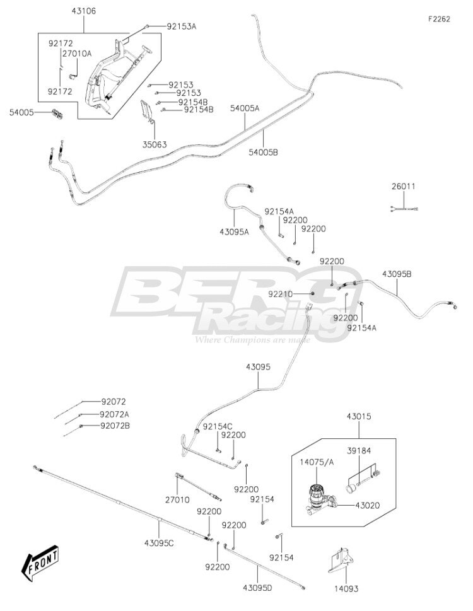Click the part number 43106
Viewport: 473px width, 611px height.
pyautogui.click(x=83, y=11)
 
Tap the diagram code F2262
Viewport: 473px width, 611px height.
pyautogui.click(x=439, y=19)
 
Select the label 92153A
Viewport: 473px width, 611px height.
pyautogui.click(x=182, y=26)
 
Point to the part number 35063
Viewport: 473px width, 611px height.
pyautogui.click(x=155, y=144)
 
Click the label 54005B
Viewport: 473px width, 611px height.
pyautogui.click(x=264, y=153)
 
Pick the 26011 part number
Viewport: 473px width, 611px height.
pyautogui.click(x=404, y=186)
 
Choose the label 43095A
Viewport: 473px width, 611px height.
pyautogui.click(x=234, y=232)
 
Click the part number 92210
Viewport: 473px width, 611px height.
pyautogui.click(x=280, y=294)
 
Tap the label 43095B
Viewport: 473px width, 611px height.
pyautogui.click(x=397, y=274)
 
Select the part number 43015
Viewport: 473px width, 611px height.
pyautogui.click(x=359, y=417)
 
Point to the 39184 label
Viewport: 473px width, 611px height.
pyautogui.click(x=359, y=451)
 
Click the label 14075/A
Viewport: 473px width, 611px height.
pyautogui.click(x=317, y=463)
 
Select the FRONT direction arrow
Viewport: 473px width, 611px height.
pyautogui.click(x=40, y=562)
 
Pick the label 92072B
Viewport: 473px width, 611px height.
pyautogui.click(x=115, y=426)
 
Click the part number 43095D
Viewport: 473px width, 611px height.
pyautogui.click(x=257, y=588)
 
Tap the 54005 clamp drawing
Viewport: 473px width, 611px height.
pyautogui.click(x=58, y=113)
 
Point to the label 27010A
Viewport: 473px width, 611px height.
pyautogui.click(x=77, y=54)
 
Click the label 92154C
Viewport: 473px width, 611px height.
pyautogui.click(x=218, y=426)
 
